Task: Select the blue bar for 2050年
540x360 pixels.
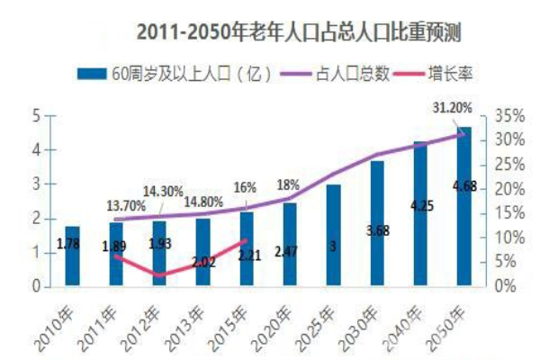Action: coord(463,207)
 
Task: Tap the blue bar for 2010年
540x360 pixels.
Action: coord(73,256)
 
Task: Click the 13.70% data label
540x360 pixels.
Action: coord(126,205)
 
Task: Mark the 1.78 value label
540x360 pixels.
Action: coord(67,244)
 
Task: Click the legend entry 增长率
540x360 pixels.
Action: coord(451,76)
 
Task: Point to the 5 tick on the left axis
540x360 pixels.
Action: coord(36,116)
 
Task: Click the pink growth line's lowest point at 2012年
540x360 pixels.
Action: coord(159,275)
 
